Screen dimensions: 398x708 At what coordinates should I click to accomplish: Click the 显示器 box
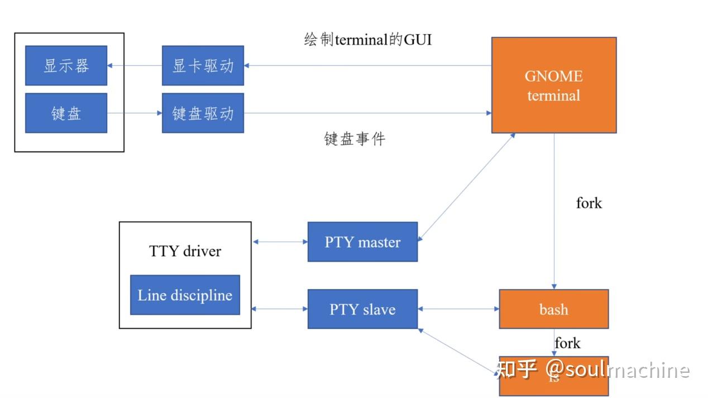point(66,65)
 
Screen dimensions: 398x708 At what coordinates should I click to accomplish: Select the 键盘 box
point(66,113)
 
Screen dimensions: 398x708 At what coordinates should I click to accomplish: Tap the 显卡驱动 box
point(203,65)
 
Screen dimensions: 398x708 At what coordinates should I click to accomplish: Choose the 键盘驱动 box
point(203,113)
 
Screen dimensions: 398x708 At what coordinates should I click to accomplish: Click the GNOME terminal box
point(553,85)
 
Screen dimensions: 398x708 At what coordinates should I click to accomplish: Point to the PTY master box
point(362,242)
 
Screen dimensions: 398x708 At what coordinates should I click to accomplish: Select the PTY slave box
point(362,309)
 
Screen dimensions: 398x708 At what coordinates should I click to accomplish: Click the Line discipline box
point(185,295)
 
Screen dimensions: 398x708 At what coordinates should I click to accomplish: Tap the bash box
point(553,309)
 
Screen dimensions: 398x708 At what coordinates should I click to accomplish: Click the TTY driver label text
point(185,251)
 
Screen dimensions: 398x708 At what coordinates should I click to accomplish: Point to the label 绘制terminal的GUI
point(367,40)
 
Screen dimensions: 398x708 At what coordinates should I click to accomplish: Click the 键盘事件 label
point(355,139)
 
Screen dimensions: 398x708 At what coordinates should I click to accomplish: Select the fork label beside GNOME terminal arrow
point(589,203)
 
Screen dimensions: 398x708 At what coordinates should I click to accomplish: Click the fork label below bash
point(567,343)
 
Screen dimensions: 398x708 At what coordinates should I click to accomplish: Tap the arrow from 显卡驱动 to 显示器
point(135,65)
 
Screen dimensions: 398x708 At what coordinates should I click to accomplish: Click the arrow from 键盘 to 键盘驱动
point(135,113)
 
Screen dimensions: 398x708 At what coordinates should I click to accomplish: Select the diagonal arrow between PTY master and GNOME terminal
point(466,187)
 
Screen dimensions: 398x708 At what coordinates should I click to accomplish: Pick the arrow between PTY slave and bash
point(458,309)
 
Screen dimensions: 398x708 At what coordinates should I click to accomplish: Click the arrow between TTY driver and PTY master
point(280,242)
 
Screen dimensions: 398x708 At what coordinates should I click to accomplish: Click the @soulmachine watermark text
point(617,370)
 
